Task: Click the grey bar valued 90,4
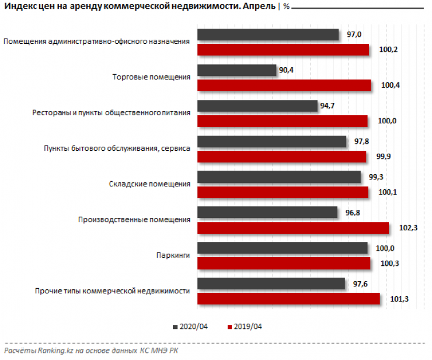click(x=236, y=71)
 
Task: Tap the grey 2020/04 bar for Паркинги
click(x=283, y=248)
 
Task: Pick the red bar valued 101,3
click(x=288, y=299)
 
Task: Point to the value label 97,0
click(x=354, y=35)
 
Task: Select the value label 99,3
click(x=375, y=177)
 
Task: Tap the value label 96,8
click(x=352, y=213)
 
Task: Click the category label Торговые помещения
click(x=151, y=77)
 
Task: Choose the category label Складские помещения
click(x=149, y=184)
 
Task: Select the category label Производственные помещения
click(x=134, y=220)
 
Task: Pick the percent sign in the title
click(x=287, y=7)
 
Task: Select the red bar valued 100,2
click(x=283, y=50)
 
